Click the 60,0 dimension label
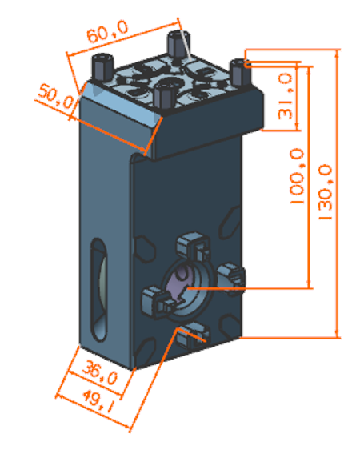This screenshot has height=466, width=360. click(x=107, y=31)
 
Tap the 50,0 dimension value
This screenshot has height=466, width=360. click(x=56, y=96)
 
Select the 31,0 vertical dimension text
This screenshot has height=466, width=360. click(x=285, y=96)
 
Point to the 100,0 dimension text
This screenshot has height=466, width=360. click(x=297, y=176)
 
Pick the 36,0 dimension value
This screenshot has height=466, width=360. click(x=99, y=372)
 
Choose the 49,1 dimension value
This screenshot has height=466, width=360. click(x=97, y=401)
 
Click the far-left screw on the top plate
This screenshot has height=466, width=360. click(x=102, y=67)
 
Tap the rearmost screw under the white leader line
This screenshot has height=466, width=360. click(x=178, y=46)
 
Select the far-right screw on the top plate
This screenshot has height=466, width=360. click(x=240, y=72)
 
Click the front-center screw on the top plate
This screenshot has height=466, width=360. click(x=164, y=95)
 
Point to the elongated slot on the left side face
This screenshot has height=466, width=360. click(x=99, y=289)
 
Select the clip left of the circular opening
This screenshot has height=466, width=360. click(x=157, y=302)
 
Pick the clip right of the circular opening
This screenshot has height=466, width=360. click(x=232, y=278)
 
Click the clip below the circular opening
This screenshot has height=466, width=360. click(x=194, y=335)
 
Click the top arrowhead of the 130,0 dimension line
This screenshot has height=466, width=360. click(x=337, y=54)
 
